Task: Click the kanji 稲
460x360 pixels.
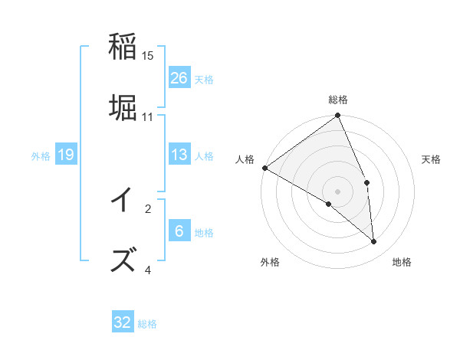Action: [x=123, y=47]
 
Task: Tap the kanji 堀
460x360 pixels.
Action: [x=123, y=107]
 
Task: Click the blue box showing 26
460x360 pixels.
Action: [x=179, y=77]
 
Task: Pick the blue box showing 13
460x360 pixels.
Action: [x=179, y=155]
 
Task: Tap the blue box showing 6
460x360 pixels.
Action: [x=179, y=231]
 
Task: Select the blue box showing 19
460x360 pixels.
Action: [x=66, y=155]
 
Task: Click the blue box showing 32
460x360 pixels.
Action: [x=123, y=322]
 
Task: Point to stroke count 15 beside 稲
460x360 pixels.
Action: [x=148, y=56]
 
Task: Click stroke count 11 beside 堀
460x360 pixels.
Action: [x=148, y=117]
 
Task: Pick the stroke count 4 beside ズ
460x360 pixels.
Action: [x=148, y=270]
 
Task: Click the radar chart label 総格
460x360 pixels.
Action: [x=338, y=100]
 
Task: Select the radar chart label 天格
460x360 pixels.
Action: [x=431, y=159]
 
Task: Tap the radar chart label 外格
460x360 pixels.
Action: [x=270, y=262]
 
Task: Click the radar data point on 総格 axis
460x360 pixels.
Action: [x=338, y=116]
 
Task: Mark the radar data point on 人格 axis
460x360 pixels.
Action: [x=264, y=168]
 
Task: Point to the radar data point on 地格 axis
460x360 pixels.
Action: [x=374, y=241]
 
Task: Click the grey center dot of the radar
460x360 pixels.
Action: [x=338, y=191]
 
